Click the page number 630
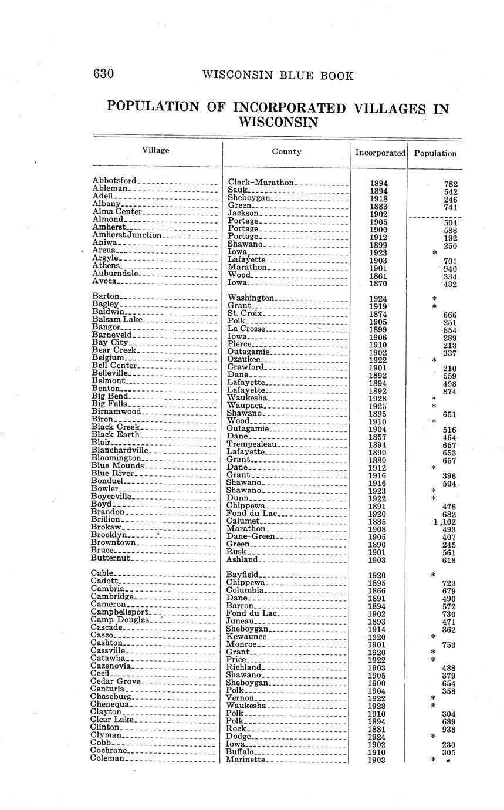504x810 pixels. (x=103, y=74)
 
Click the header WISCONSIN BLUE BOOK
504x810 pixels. (x=278, y=76)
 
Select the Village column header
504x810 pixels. (x=155, y=150)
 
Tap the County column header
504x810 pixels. (x=286, y=151)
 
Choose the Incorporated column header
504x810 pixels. (x=380, y=153)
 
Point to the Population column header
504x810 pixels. (x=435, y=153)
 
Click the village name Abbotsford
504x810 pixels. (x=114, y=181)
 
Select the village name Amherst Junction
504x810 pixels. (x=127, y=235)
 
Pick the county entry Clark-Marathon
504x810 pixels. (x=261, y=183)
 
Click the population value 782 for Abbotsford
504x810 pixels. (x=450, y=184)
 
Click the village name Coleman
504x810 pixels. (x=107, y=758)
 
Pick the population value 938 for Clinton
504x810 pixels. (x=449, y=730)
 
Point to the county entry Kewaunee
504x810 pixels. (x=247, y=636)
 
